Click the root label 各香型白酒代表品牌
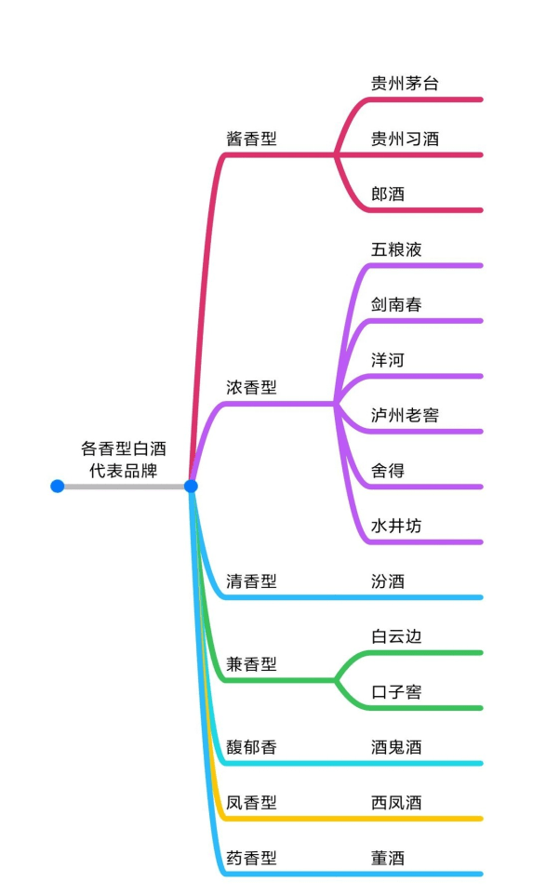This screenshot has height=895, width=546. pos(123,460)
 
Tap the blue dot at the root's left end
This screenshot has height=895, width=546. pos(57,487)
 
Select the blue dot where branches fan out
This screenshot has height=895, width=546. pos(191,487)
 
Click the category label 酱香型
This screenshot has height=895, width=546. pos(251,139)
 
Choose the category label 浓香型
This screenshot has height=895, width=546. pos(251,388)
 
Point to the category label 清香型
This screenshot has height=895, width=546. pos(251,581)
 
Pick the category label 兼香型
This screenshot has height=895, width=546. pos(251,664)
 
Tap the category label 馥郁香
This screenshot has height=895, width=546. pos(251,747)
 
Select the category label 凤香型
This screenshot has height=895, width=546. pos(251,803)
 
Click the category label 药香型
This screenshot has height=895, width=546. pos(251,858)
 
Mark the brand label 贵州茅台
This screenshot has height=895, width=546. pos(405,84)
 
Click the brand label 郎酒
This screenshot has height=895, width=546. pos(388,194)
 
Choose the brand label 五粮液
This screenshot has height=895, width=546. pos(396,249)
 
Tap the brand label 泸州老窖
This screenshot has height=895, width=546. pos(405,415)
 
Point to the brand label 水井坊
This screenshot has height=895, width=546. pos(396,526)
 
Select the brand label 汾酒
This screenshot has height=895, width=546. pos(388,581)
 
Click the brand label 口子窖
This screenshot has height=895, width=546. pos(396,692)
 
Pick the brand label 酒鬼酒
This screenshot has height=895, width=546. pos(396,747)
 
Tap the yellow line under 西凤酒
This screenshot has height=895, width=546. pos(351,819)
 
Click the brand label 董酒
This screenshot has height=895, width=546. pos(388,858)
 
